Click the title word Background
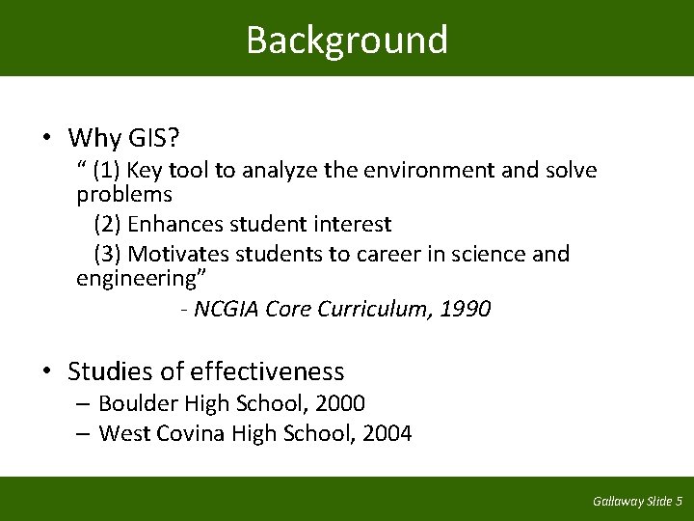347,41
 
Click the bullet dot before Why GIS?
46,139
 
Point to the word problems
124,194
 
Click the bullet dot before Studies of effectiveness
46,371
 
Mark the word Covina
193,433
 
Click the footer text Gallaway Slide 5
637,501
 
